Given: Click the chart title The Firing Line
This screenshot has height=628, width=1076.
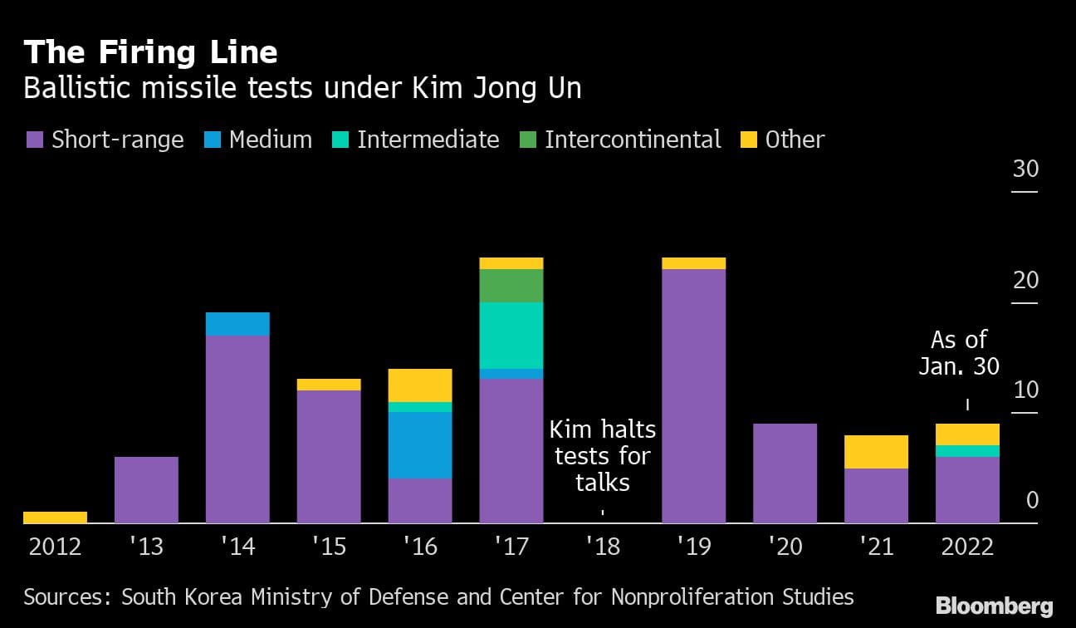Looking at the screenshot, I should [150, 52].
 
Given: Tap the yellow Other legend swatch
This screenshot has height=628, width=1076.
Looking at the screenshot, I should [748, 140].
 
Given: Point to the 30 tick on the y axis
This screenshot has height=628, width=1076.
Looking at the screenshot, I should [1025, 169].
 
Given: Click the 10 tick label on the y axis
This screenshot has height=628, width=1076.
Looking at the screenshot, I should [1025, 390].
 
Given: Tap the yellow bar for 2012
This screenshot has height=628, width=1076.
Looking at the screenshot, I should [55, 518].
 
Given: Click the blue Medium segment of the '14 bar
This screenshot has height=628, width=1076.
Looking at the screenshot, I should [237, 324].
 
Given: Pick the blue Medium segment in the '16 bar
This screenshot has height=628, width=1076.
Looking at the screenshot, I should [420, 445].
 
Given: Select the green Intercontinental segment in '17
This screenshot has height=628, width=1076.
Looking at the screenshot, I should [511, 286].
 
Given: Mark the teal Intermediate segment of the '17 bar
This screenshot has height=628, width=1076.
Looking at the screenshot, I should [511, 336].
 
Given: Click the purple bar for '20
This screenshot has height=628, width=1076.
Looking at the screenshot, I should [785, 473].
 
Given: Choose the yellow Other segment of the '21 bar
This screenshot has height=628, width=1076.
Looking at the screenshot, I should [877, 452].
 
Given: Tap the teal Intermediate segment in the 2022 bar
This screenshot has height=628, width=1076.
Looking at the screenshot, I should [968, 451].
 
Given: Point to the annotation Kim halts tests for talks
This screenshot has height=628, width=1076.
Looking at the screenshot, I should [603, 456].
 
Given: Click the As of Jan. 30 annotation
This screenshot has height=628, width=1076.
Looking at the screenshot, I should [959, 353].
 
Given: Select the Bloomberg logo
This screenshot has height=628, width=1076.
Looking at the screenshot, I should [995, 606].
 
